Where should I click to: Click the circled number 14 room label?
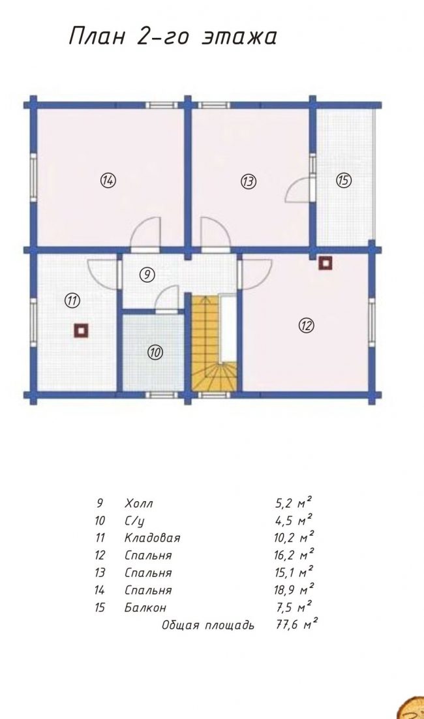(x=108, y=180)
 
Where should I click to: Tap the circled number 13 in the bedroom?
(x=249, y=181)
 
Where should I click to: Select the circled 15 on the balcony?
(x=343, y=180)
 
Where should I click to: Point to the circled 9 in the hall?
(x=147, y=275)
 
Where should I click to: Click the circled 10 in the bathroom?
(x=155, y=352)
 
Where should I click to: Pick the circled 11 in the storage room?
(x=72, y=301)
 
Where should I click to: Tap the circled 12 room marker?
(x=306, y=326)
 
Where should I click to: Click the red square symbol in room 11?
(x=81, y=330)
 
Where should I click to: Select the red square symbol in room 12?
(x=326, y=263)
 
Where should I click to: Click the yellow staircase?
(x=214, y=343)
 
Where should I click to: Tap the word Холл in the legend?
(x=138, y=503)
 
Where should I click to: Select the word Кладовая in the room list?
(x=152, y=538)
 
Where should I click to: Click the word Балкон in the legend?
(x=145, y=607)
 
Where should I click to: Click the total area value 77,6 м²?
(x=297, y=624)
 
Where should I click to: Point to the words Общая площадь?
(x=207, y=625)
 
